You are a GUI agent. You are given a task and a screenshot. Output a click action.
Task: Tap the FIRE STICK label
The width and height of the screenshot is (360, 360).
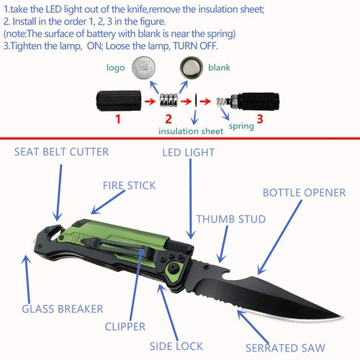(x=129, y=185)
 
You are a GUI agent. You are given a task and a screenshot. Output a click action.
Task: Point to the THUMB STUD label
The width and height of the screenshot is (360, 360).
(x=230, y=219)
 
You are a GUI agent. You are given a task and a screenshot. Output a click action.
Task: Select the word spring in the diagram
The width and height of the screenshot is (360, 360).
(x=242, y=127)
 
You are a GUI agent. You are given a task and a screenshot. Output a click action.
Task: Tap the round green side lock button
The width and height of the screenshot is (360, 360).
(x=174, y=269)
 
